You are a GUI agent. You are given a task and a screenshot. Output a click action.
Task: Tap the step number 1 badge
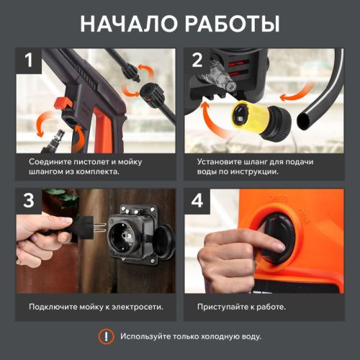(x=30, y=61)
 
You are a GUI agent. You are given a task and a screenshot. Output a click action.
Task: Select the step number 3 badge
(x=30, y=202)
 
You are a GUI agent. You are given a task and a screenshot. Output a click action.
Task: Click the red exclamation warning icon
(x=106, y=336)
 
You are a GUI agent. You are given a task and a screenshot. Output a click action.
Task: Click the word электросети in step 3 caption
(x=136, y=306)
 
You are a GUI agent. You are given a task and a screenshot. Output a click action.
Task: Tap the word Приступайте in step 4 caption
(x=225, y=306)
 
